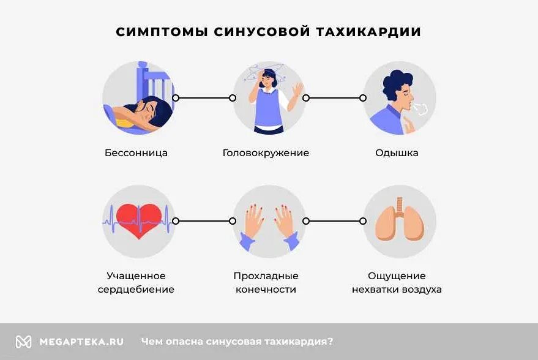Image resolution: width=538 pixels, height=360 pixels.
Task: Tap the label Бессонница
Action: pyautogui.click(x=136, y=153)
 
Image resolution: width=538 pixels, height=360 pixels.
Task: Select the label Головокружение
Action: pyautogui.click(x=266, y=153)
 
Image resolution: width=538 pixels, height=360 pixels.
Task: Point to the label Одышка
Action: pyautogui.click(x=397, y=153)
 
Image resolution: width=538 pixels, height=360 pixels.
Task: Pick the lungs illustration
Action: pyautogui.click(x=400, y=220)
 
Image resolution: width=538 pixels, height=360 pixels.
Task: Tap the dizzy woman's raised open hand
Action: pyautogui.click(x=298, y=90)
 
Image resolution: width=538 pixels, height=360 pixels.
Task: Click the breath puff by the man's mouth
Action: pyautogui.click(x=420, y=108)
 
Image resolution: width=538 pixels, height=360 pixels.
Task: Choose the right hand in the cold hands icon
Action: pyautogui.click(x=284, y=221)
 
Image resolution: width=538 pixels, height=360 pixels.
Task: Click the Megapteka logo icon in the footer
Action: pyautogui.click(x=23, y=342)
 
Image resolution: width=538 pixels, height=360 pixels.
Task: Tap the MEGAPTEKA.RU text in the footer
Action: pyautogui.click(x=81, y=342)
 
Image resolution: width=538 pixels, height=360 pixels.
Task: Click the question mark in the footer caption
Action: pyautogui.click(x=331, y=342)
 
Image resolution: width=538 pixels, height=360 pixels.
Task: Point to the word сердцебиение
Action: pyautogui.click(x=136, y=290)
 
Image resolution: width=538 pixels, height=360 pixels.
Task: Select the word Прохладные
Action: pyautogui.click(x=266, y=276)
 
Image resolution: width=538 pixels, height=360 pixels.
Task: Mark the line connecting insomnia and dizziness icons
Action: pyautogui.click(x=204, y=98)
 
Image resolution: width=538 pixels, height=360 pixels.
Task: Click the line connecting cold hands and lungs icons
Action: pyautogui.click(x=334, y=221)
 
